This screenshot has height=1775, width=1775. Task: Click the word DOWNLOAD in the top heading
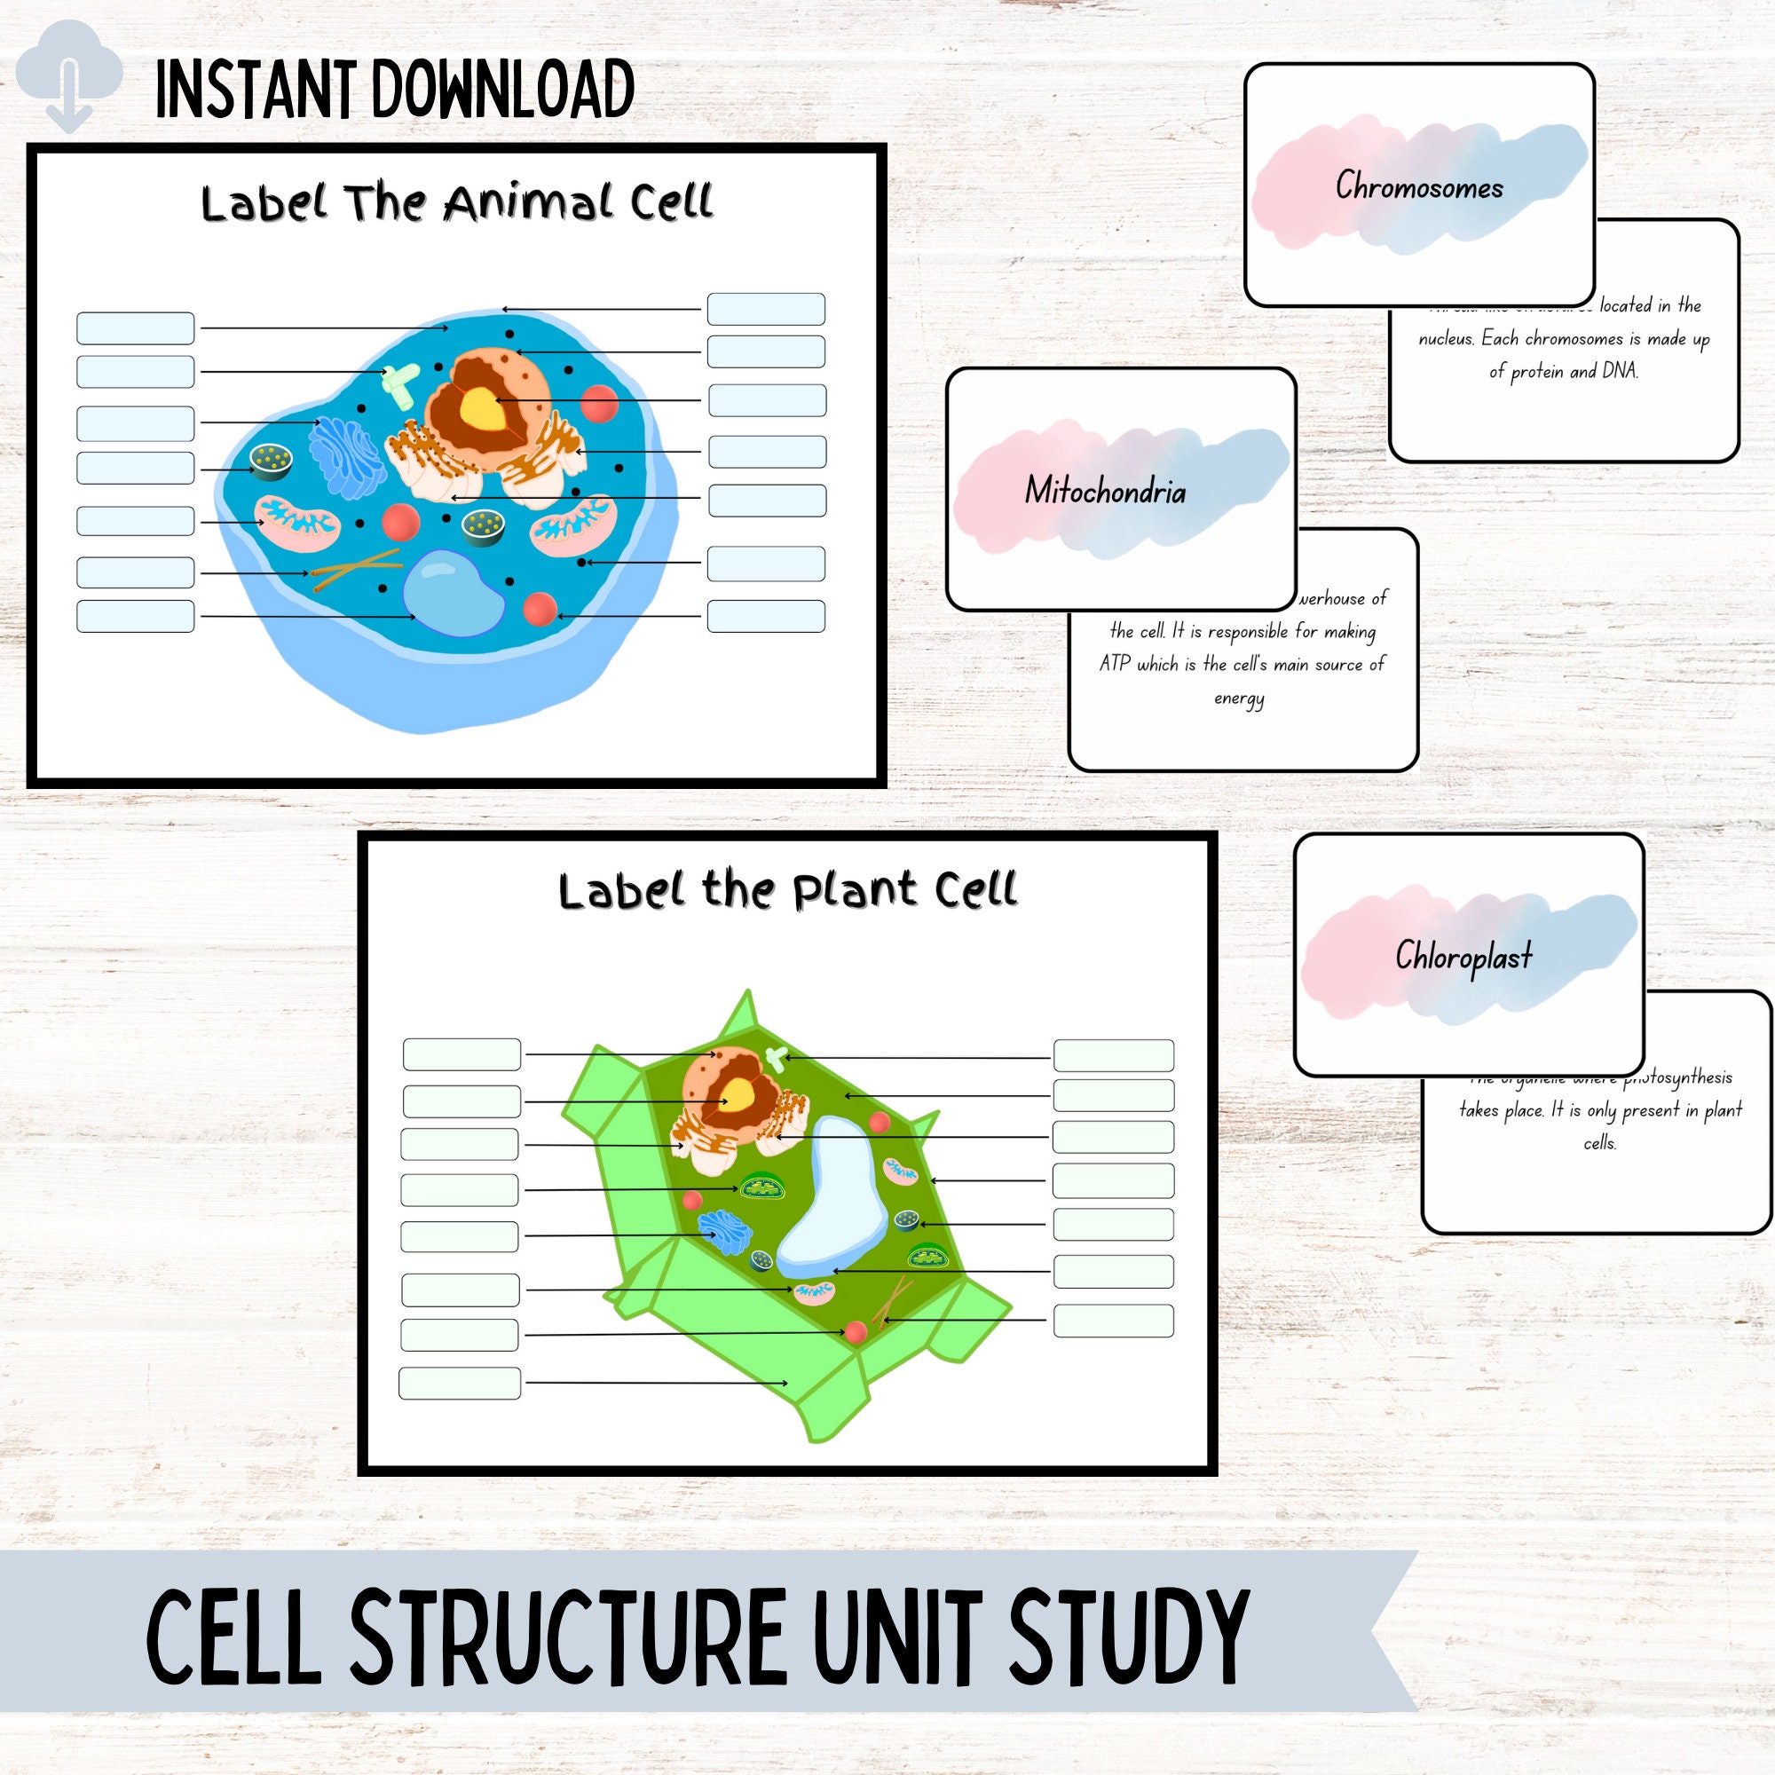pos(502,89)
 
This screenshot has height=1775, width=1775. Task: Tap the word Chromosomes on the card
pos(1418,186)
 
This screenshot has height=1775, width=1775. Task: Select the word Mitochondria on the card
pos(1105,492)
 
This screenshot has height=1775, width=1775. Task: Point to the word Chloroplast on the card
pos(1463,957)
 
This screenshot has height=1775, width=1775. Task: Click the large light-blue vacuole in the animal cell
pos(454,593)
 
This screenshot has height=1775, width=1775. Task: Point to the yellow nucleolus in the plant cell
pos(736,1093)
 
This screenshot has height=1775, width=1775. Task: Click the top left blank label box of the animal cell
pos(135,328)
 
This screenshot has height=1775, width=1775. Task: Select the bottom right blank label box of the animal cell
pos(766,616)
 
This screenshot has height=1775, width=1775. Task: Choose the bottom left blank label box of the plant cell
pos(460,1383)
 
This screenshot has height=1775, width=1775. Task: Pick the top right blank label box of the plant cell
pos(1113,1055)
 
